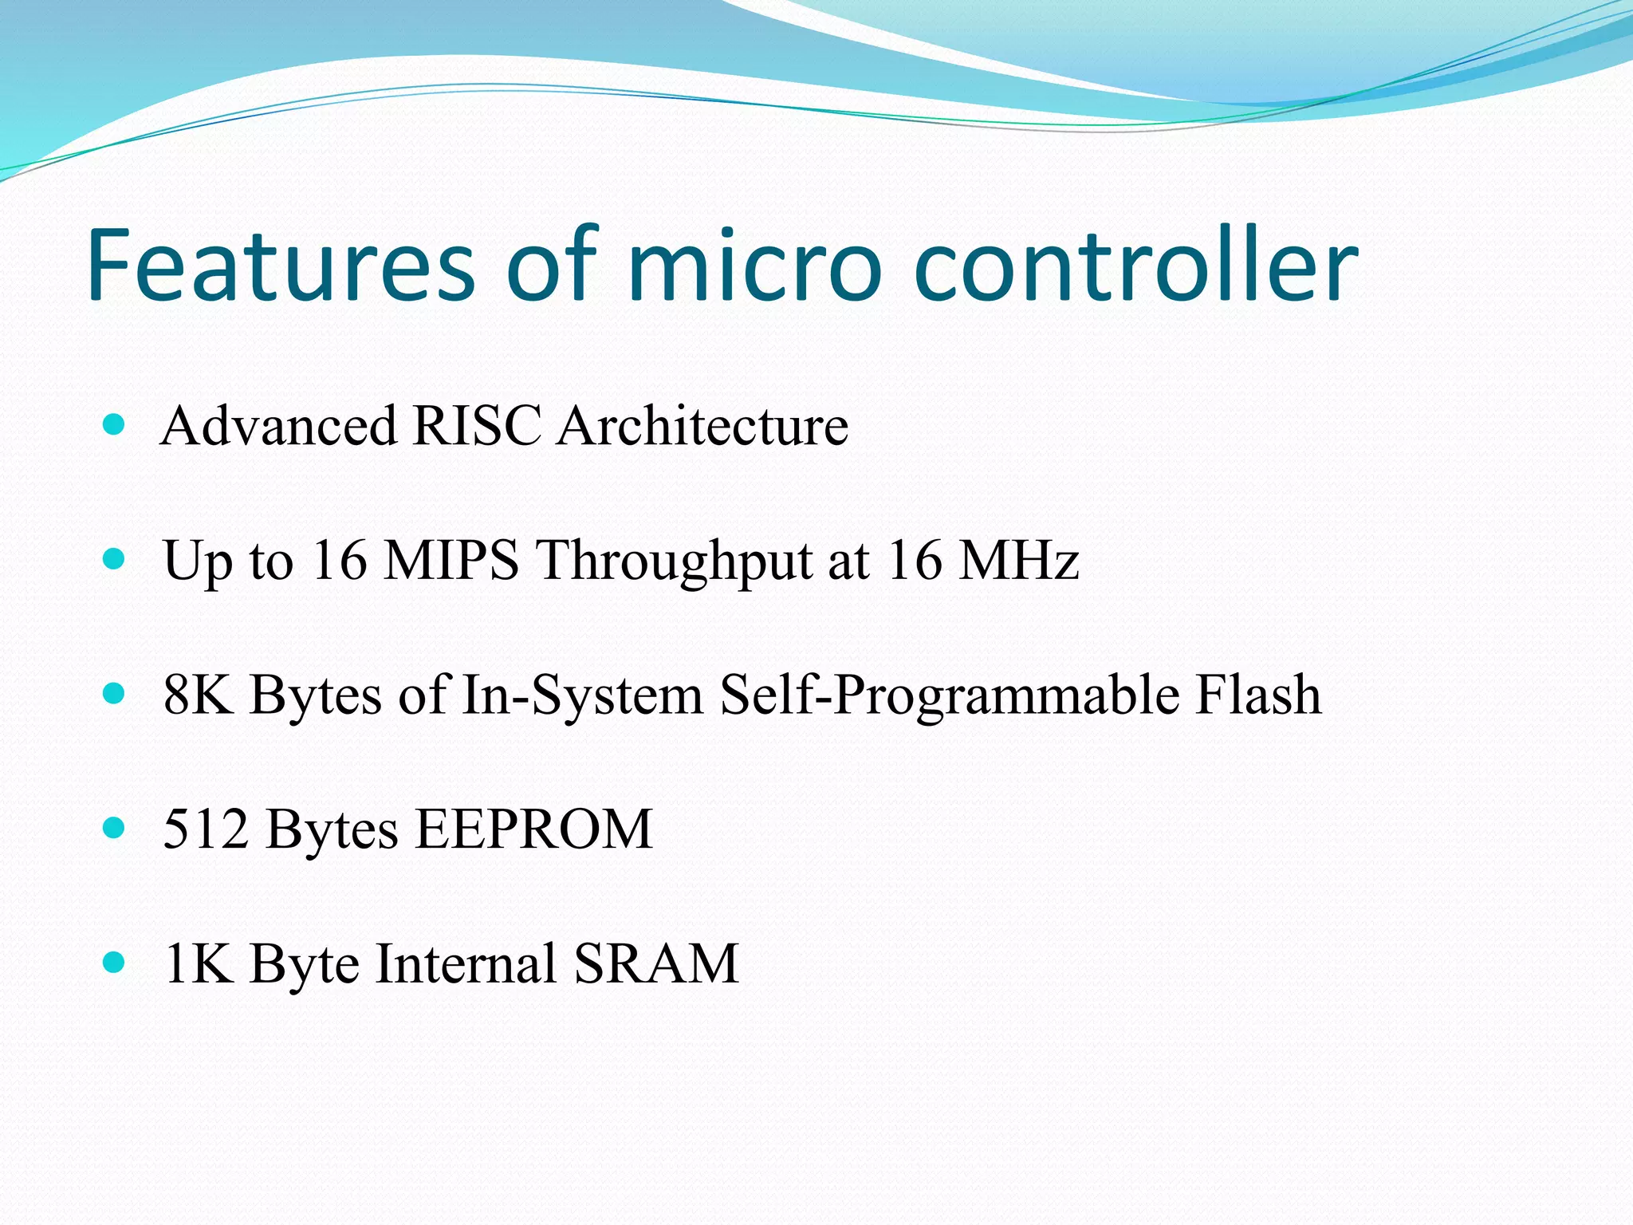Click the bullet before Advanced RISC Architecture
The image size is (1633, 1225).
point(115,423)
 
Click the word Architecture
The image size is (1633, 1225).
point(702,425)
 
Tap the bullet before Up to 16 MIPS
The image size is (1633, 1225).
point(115,558)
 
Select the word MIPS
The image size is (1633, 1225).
point(451,560)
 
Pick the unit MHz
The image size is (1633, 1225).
point(1018,560)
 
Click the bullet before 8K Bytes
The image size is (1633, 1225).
point(115,692)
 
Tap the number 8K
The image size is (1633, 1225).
point(199,694)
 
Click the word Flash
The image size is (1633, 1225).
point(1257,694)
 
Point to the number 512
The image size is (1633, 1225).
point(206,829)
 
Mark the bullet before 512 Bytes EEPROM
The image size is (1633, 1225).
point(115,827)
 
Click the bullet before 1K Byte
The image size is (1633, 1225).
point(115,962)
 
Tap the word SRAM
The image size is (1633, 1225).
point(656,963)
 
